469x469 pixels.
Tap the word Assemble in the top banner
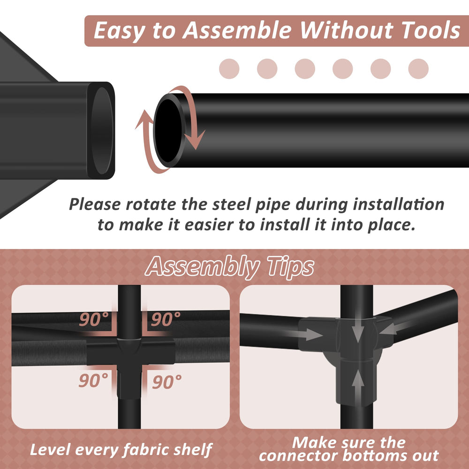(x=236, y=30)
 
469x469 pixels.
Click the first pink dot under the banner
(x=229, y=69)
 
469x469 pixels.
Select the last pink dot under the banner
(x=418, y=69)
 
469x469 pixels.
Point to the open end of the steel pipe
(x=169, y=130)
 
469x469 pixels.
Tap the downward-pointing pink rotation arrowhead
(x=195, y=140)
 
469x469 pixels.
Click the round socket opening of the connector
(x=102, y=130)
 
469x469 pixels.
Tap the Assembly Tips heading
(x=229, y=266)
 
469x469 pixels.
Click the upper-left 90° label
(x=94, y=319)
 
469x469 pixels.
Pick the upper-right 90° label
(x=166, y=319)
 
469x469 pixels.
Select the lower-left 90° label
(x=93, y=380)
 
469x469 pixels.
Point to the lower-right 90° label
(x=166, y=382)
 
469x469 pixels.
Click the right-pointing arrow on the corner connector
(x=305, y=334)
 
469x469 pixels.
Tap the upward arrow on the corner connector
(x=358, y=384)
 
